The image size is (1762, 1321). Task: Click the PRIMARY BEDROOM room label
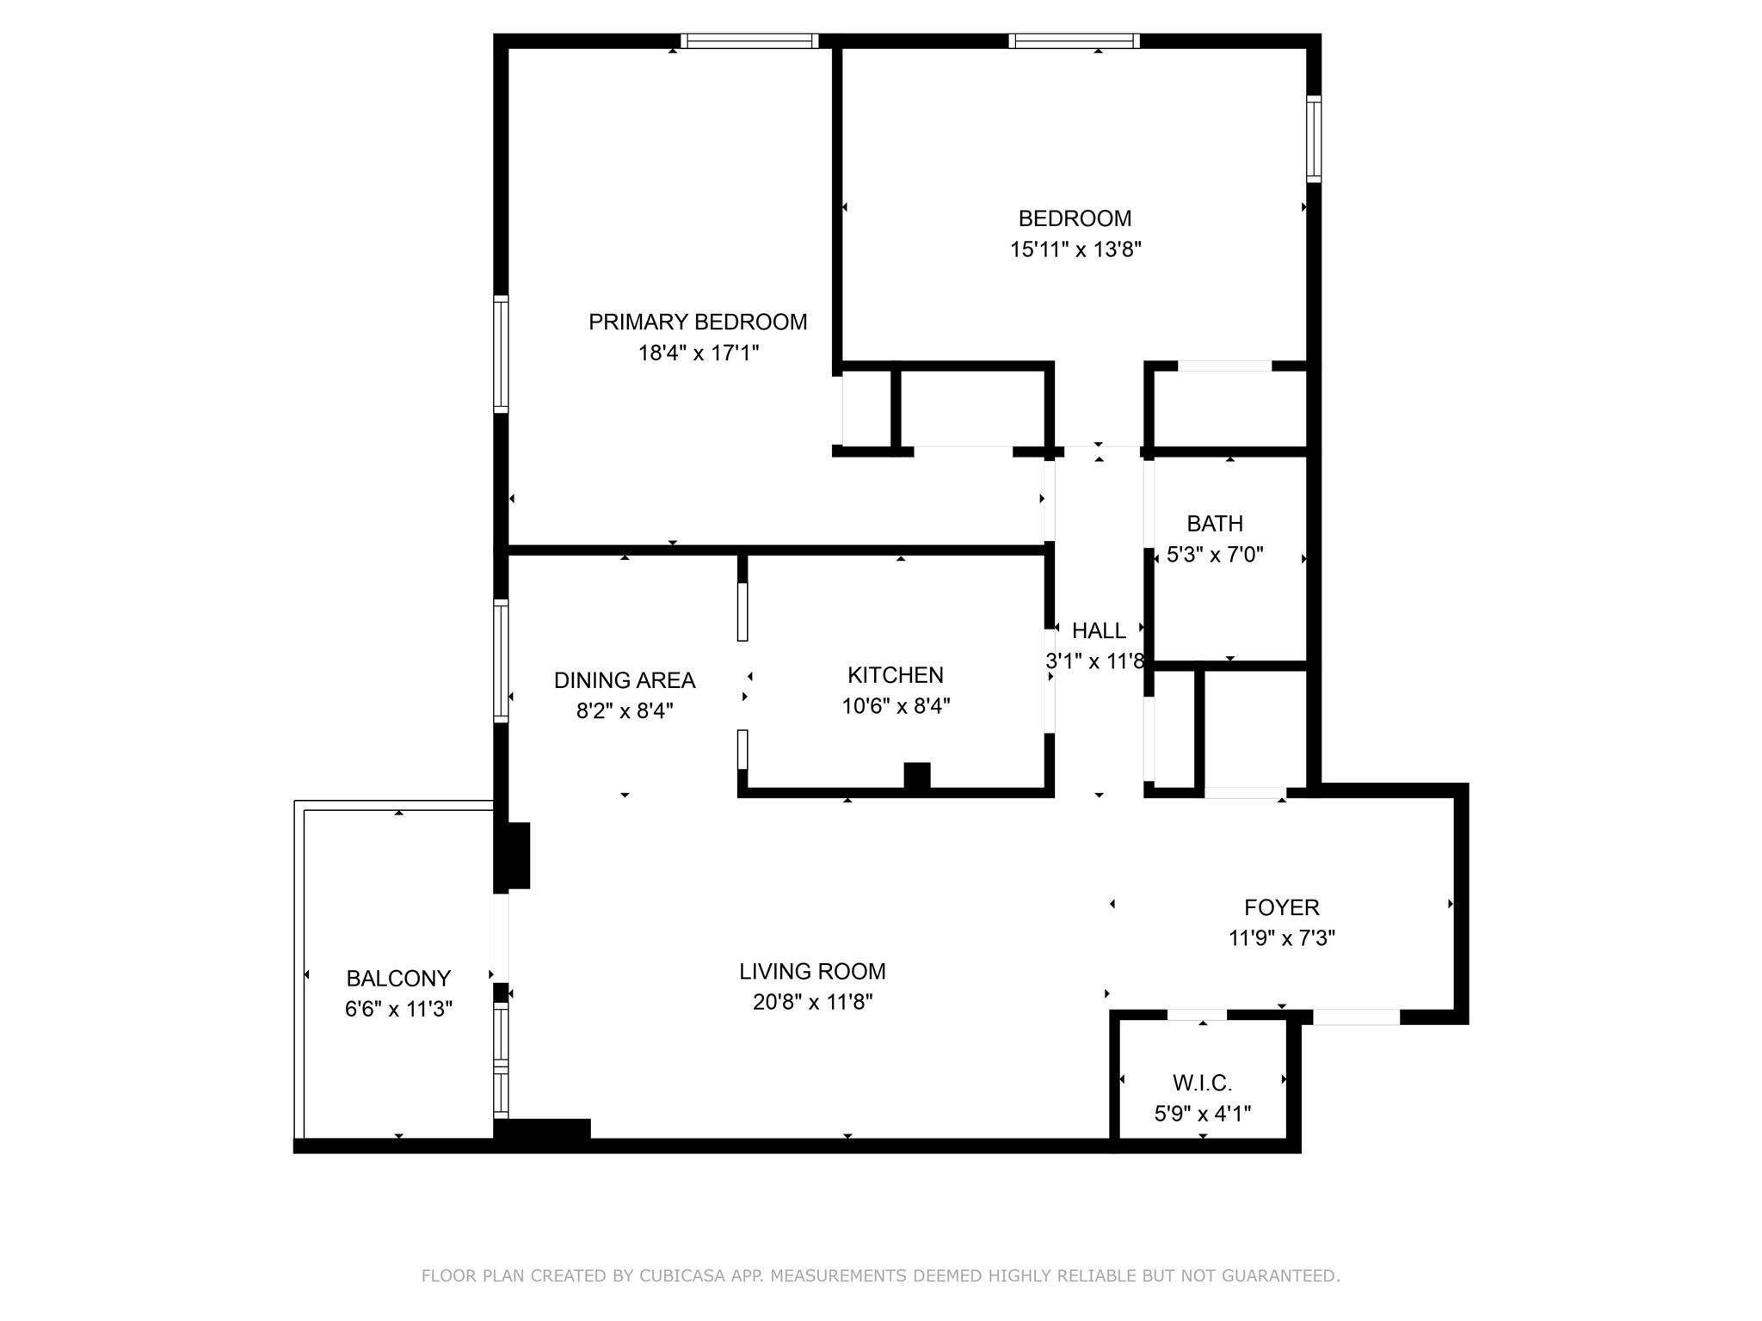[x=698, y=322]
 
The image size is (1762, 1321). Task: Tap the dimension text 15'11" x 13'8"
[x=1075, y=249]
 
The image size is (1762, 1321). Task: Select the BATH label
[x=1214, y=523]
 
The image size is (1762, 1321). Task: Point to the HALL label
[x=1099, y=630]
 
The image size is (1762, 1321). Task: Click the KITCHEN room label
[x=895, y=675]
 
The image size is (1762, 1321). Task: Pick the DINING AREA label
[x=624, y=680]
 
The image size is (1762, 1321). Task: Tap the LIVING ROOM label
[x=812, y=971]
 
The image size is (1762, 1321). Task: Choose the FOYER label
[x=1281, y=907]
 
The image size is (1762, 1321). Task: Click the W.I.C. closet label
[x=1202, y=1083]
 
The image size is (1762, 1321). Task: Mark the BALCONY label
[x=398, y=978]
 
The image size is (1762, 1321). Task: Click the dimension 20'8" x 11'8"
[x=812, y=1002]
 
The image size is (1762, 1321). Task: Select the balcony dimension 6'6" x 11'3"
[x=398, y=1009]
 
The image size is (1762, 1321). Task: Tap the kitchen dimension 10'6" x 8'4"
[x=895, y=706]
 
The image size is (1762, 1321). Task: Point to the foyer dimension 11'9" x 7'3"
[x=1281, y=938]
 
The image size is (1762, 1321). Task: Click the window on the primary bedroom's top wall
[x=749, y=41]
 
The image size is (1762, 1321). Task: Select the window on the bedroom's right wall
[x=1314, y=138]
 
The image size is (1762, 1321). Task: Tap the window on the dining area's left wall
[x=501, y=660]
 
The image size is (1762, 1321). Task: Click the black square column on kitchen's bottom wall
[x=916, y=776]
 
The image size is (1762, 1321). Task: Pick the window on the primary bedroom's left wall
[x=501, y=353]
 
